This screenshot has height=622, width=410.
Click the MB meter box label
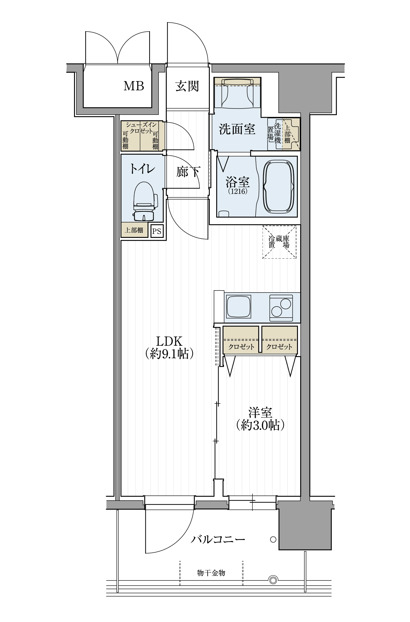134,86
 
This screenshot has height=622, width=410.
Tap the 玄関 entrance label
187,86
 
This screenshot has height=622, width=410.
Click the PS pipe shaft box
157,231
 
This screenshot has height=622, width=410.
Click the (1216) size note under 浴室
238,191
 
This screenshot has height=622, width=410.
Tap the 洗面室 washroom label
237,129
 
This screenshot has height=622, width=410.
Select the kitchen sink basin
238,306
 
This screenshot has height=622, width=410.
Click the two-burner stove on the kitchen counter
281,308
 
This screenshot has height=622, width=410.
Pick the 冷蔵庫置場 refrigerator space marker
279,242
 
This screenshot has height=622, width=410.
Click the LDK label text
169,341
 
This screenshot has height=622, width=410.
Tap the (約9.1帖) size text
169,354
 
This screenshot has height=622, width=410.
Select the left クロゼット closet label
241,347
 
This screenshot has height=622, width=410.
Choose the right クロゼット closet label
279,347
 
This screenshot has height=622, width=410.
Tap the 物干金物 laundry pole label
211,573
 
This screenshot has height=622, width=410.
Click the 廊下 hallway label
188,172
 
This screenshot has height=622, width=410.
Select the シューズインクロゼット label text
141,128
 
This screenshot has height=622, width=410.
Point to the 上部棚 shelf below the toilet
134,230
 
